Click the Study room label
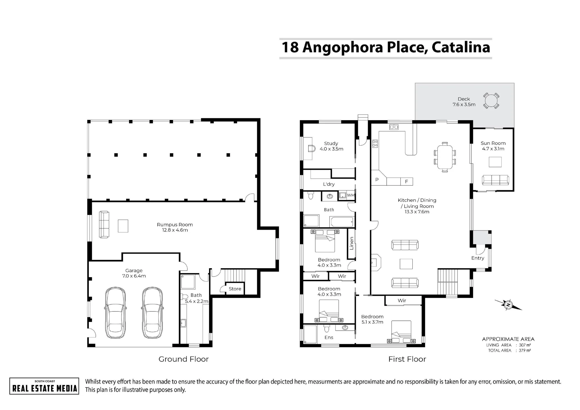point(331,143)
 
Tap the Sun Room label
point(493,143)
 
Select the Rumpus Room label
point(175,225)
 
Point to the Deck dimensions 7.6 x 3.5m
point(464,104)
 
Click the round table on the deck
point(491,101)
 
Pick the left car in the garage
point(115,313)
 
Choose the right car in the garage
point(152,313)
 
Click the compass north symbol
point(508,305)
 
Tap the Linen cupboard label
point(351,243)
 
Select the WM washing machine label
point(351,195)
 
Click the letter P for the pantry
point(377,180)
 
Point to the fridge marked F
point(407,182)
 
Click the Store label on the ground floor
point(235,289)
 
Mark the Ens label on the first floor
point(329,337)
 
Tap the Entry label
point(478,258)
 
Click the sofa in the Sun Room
point(495,180)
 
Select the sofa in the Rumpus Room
point(104,225)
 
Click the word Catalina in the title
point(461,47)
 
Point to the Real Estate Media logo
point(44,386)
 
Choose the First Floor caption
point(407,359)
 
